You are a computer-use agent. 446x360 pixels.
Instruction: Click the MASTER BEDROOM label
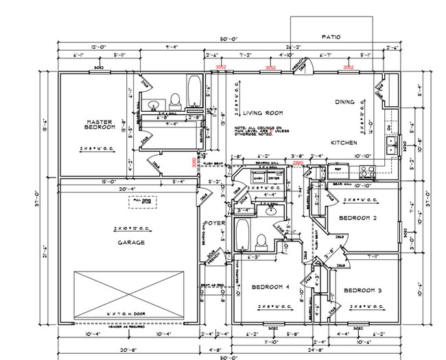[94, 125]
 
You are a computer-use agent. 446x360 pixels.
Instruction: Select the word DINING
[344, 102]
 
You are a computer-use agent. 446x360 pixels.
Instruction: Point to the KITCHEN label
[343, 143]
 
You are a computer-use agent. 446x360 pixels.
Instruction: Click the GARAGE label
[130, 242]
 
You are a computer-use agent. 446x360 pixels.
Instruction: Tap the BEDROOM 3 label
[362, 289]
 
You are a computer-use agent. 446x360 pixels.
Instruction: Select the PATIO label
[331, 37]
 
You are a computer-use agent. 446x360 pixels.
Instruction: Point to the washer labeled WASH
[258, 178]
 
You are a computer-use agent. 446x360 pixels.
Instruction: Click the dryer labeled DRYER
[274, 178]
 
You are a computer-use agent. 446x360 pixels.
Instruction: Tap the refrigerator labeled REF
[337, 169]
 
